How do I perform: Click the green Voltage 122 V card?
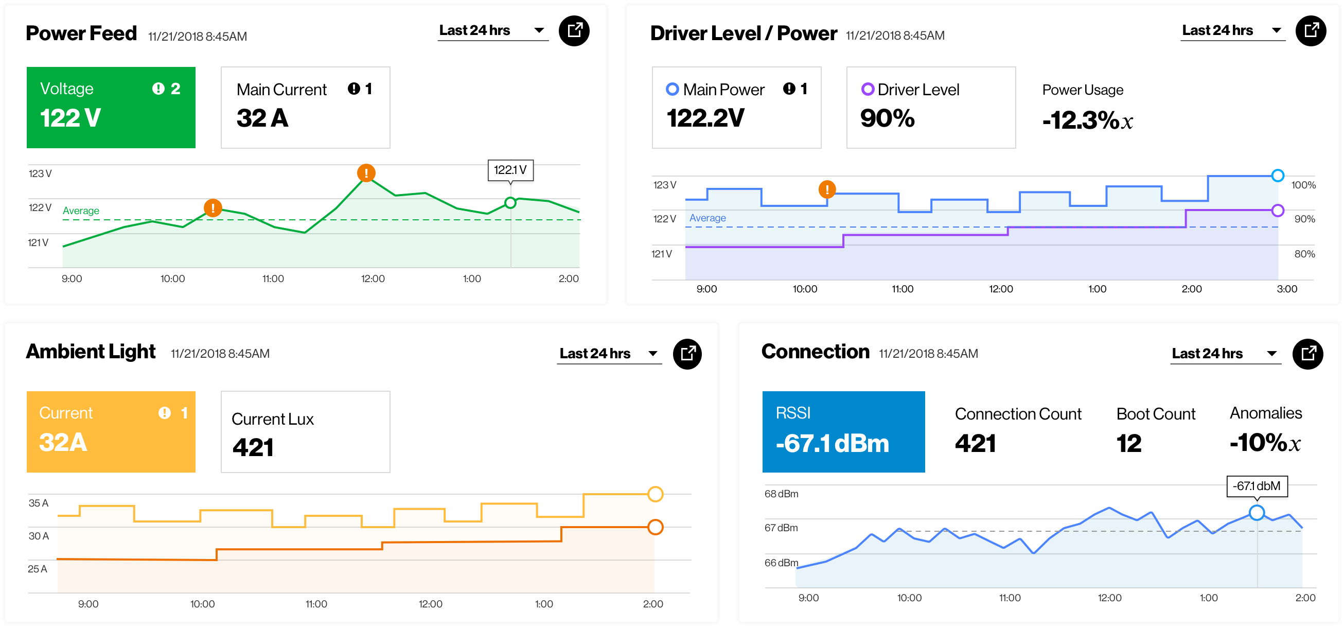pyautogui.click(x=111, y=107)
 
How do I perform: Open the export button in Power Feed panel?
pyautogui.click(x=574, y=31)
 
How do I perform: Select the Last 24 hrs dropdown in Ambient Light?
pyautogui.click(x=609, y=354)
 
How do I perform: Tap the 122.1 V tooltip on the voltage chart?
pyautogui.click(x=510, y=170)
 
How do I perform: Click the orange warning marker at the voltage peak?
pyautogui.click(x=366, y=173)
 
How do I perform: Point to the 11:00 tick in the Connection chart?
pyautogui.click(x=1010, y=598)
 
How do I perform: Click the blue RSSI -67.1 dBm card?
pyautogui.click(x=843, y=432)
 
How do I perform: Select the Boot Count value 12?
pyautogui.click(x=1129, y=443)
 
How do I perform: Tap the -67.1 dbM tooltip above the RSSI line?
pyautogui.click(x=1257, y=486)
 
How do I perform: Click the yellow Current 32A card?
pyautogui.click(x=111, y=432)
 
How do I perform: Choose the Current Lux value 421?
pyautogui.click(x=253, y=447)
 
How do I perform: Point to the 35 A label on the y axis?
pyautogui.click(x=38, y=503)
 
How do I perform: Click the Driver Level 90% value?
pyautogui.click(x=888, y=118)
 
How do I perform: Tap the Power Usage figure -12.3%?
pyautogui.click(x=1088, y=120)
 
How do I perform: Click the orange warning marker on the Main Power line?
pyautogui.click(x=827, y=189)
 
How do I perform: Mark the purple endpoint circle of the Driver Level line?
pyautogui.click(x=1278, y=211)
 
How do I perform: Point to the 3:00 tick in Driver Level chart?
pyautogui.click(x=1286, y=289)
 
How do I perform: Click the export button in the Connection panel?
pyautogui.click(x=1307, y=354)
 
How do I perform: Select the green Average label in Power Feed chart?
pyautogui.click(x=81, y=211)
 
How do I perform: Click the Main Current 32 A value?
pyautogui.click(x=262, y=118)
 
